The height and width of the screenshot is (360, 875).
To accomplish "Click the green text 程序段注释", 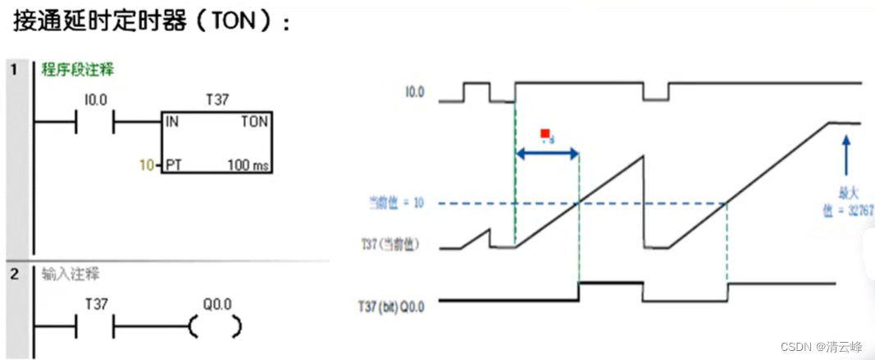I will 78,70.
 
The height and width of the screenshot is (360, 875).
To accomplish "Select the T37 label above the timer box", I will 217,100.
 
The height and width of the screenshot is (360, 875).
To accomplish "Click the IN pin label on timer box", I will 171,121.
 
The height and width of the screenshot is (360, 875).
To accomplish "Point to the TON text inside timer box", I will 254,121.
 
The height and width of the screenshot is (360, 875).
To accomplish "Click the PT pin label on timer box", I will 173,165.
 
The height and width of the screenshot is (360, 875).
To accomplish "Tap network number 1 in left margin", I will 14,70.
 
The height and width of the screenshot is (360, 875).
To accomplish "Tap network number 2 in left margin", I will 14,273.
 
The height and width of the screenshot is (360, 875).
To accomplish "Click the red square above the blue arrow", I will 545,134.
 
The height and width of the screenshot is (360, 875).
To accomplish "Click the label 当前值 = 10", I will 396,203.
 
